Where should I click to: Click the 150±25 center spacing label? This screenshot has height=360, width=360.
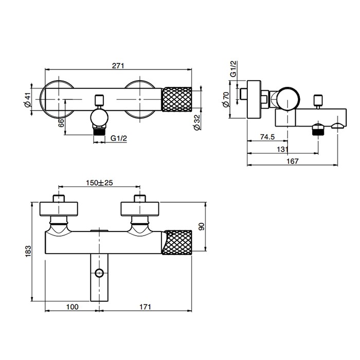99,183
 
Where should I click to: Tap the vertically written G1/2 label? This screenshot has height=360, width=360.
233,69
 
